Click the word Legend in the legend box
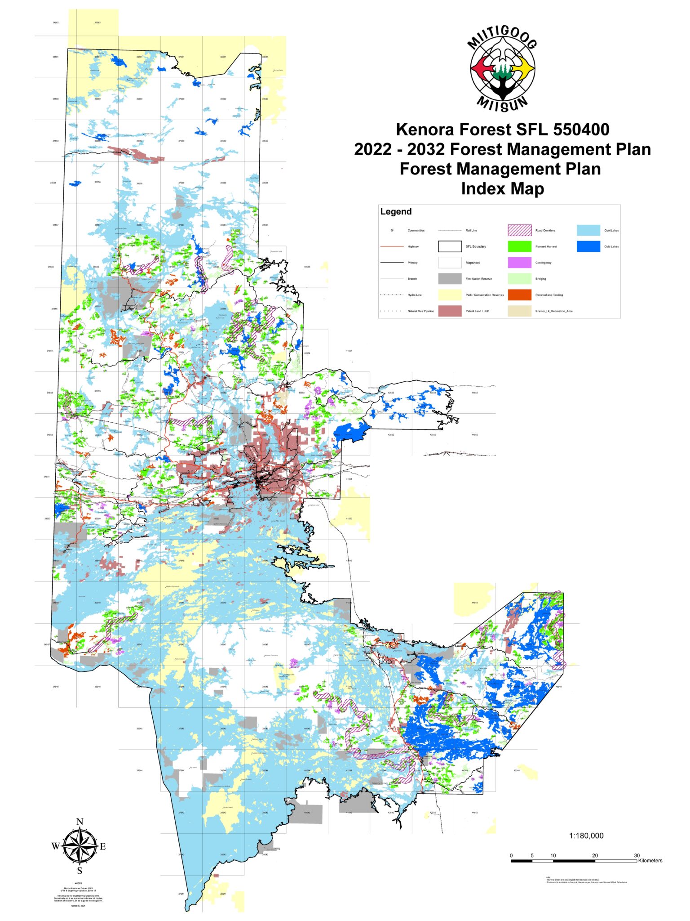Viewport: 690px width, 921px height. (x=396, y=211)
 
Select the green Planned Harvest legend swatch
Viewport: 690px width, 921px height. (x=519, y=246)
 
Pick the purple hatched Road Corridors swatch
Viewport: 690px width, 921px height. (x=519, y=230)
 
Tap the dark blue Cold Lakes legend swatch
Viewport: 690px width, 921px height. (x=588, y=246)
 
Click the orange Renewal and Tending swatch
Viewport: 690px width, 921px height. (x=519, y=295)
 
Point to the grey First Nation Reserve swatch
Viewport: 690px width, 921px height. (x=450, y=279)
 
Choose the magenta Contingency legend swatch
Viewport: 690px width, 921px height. (x=519, y=263)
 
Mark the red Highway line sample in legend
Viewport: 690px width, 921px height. (x=392, y=246)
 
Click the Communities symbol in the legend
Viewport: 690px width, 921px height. (x=392, y=230)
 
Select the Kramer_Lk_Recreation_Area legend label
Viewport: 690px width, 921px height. (x=554, y=311)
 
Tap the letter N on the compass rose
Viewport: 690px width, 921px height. (x=80, y=822)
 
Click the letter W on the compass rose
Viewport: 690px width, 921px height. (x=55, y=846)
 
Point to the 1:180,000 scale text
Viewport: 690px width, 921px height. (x=586, y=836)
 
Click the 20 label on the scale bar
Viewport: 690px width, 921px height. (x=595, y=855)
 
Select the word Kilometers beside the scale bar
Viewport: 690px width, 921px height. (x=650, y=860)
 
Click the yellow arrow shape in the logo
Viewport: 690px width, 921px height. (x=524, y=69)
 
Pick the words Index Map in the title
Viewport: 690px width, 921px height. (x=502, y=188)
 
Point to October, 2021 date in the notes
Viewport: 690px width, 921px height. (x=78, y=906)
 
